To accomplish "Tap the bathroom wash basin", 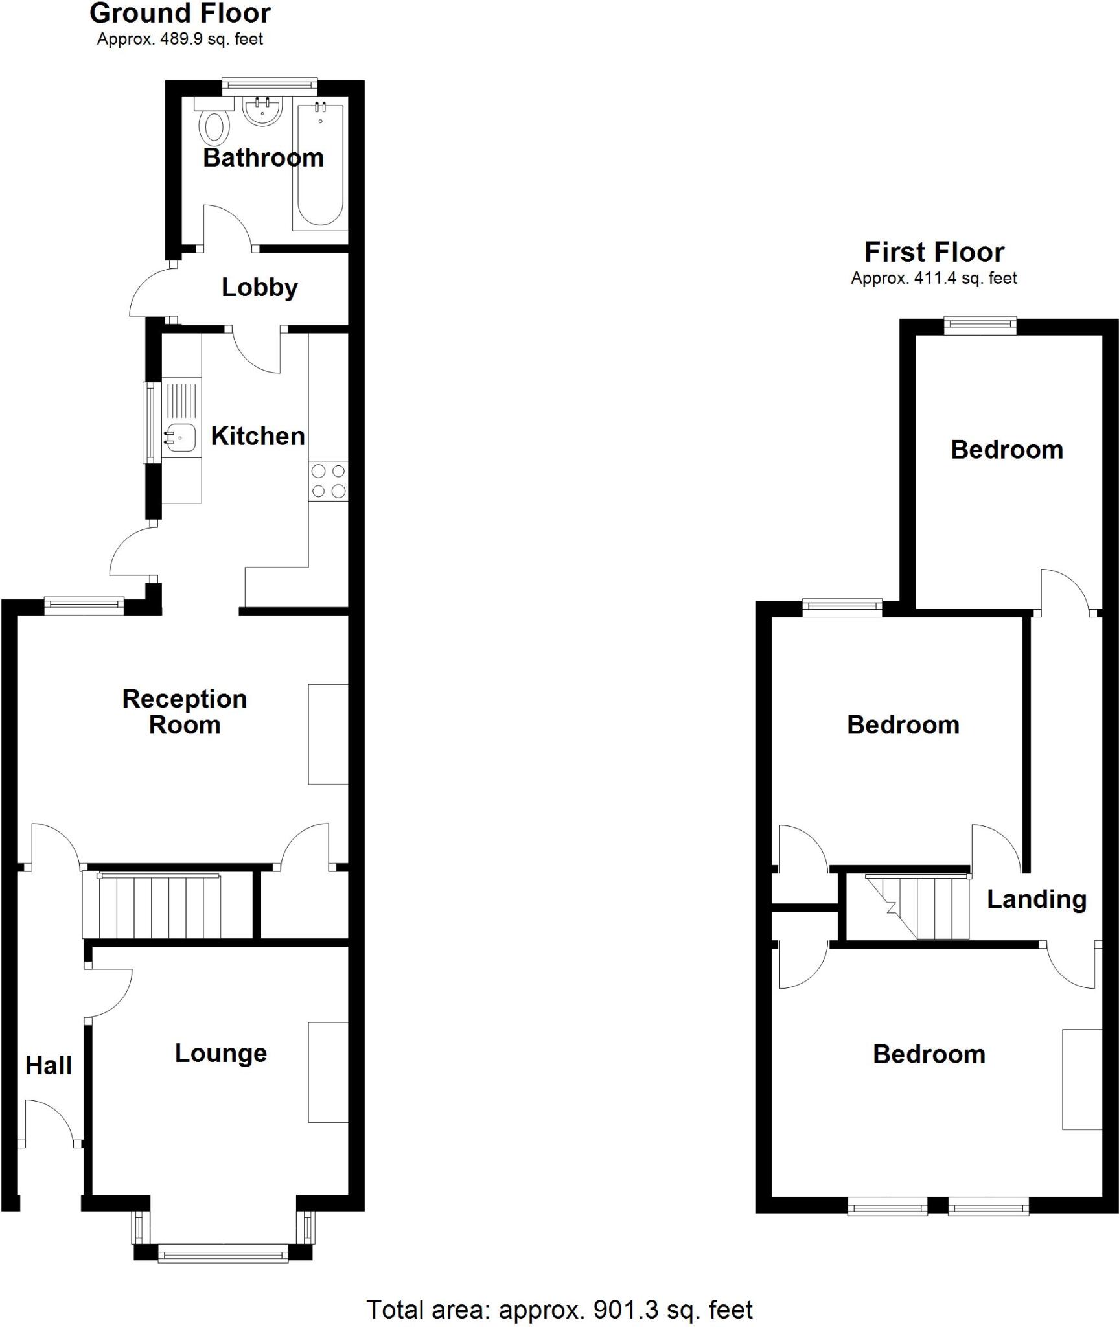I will point(262,110).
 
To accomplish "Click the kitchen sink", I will point(179,438).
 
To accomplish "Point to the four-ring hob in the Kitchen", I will point(329,481).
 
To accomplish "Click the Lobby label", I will point(260,288).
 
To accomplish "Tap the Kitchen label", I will point(258,436).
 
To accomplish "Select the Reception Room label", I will point(185,712).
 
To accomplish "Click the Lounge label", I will point(221,1054).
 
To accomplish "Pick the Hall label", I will point(49,1066).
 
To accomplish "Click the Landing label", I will point(1036,899).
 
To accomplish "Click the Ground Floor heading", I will point(180,14).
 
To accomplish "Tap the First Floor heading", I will point(934,252).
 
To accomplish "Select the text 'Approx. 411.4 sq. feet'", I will point(934,279).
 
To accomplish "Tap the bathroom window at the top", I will point(270,84).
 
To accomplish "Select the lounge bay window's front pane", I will point(223,1255).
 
